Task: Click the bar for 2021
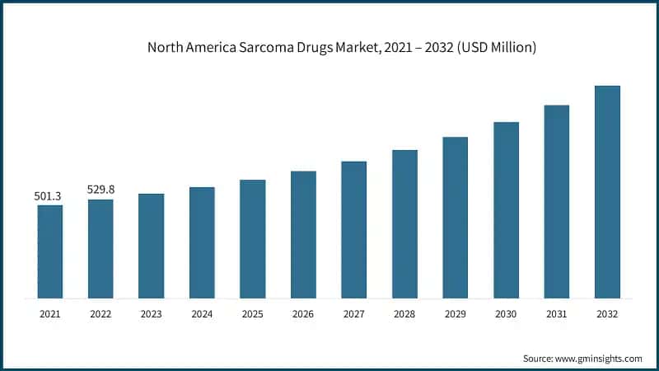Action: (50, 251)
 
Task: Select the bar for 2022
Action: (100, 248)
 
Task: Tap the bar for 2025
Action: (253, 238)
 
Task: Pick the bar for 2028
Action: (404, 223)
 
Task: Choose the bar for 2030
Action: (506, 209)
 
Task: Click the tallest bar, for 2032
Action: (607, 191)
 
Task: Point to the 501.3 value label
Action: (48, 196)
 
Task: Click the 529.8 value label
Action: (100, 190)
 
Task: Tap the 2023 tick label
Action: (152, 313)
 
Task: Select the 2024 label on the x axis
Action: (202, 313)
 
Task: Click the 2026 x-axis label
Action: (303, 313)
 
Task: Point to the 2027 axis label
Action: (354, 313)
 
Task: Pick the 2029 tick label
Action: (456, 313)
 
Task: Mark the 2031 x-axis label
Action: (557, 313)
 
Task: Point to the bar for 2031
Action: (557, 201)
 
